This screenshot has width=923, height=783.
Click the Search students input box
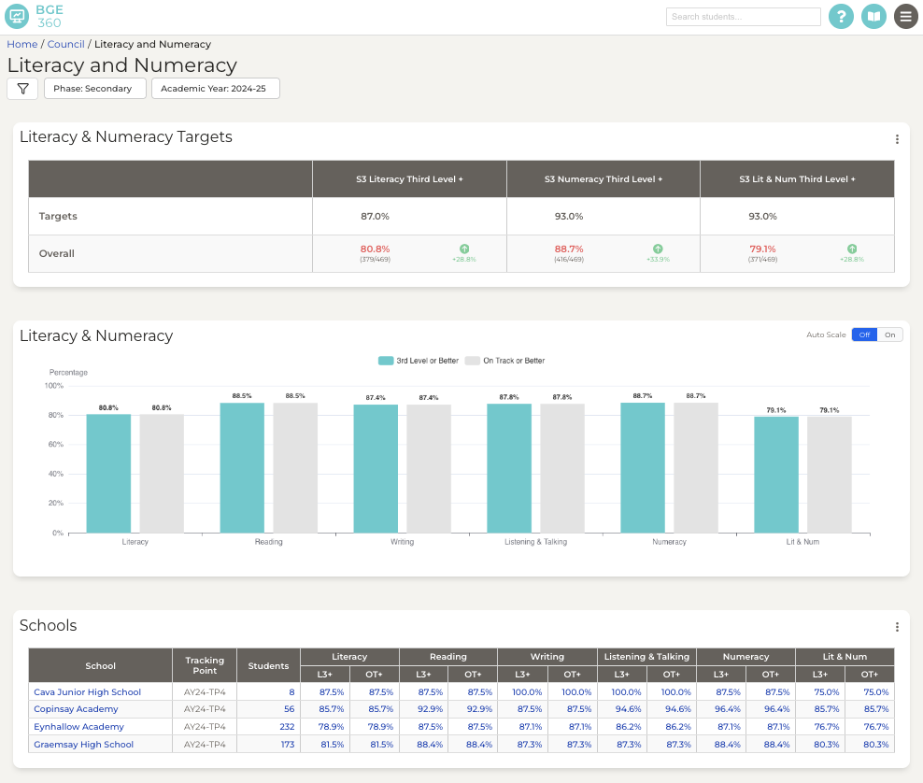[743, 17]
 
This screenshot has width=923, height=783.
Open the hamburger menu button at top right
[905, 17]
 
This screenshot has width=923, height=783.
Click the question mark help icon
[841, 17]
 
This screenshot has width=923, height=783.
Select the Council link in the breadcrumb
[65, 44]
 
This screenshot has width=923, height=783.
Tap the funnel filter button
[22, 89]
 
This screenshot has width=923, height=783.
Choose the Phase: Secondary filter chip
[94, 89]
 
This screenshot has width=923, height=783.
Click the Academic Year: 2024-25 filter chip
[215, 89]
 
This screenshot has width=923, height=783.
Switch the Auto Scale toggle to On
[890, 335]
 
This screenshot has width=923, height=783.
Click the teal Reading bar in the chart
[242, 467]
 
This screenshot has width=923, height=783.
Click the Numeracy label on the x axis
[669, 542]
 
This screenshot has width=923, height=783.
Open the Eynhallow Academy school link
[78, 727]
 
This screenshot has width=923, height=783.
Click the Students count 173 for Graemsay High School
[287, 745]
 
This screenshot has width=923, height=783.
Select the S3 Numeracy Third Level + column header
[603, 178]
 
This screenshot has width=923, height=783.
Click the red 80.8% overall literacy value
[375, 249]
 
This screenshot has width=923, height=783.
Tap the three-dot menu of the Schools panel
[897, 627]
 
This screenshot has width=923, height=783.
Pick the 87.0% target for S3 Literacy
[375, 216]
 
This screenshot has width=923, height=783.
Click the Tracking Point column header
[205, 665]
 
